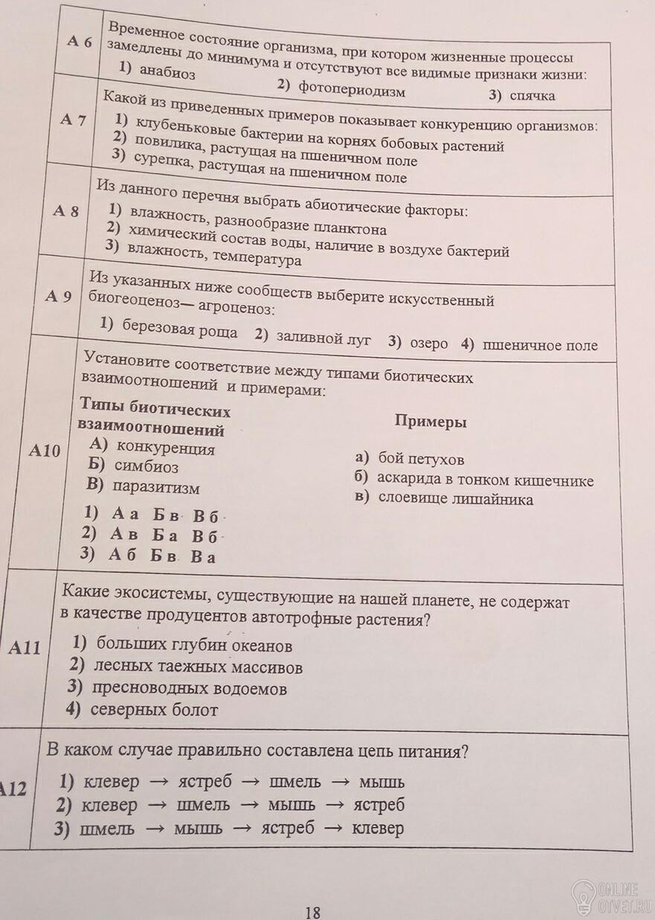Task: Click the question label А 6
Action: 80,42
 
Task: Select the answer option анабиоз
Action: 167,74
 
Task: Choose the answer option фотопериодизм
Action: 352,89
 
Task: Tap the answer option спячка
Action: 532,95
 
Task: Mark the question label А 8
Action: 65,211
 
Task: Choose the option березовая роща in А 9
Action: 179,329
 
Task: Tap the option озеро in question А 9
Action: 429,343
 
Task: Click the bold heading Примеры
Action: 430,422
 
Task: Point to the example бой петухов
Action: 421,459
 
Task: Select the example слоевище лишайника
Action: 455,499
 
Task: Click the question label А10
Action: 45,450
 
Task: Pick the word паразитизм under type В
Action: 156,488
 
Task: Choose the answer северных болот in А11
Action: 154,710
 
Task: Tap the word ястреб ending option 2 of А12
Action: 379,805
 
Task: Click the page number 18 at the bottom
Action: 312,912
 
